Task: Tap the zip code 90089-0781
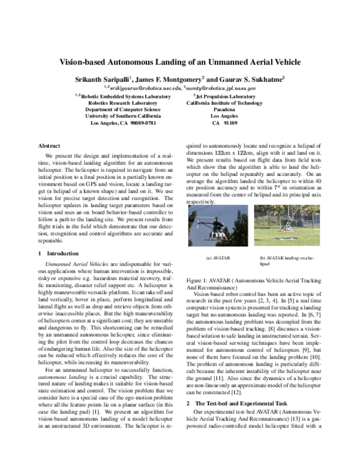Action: (x=140, y=123)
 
